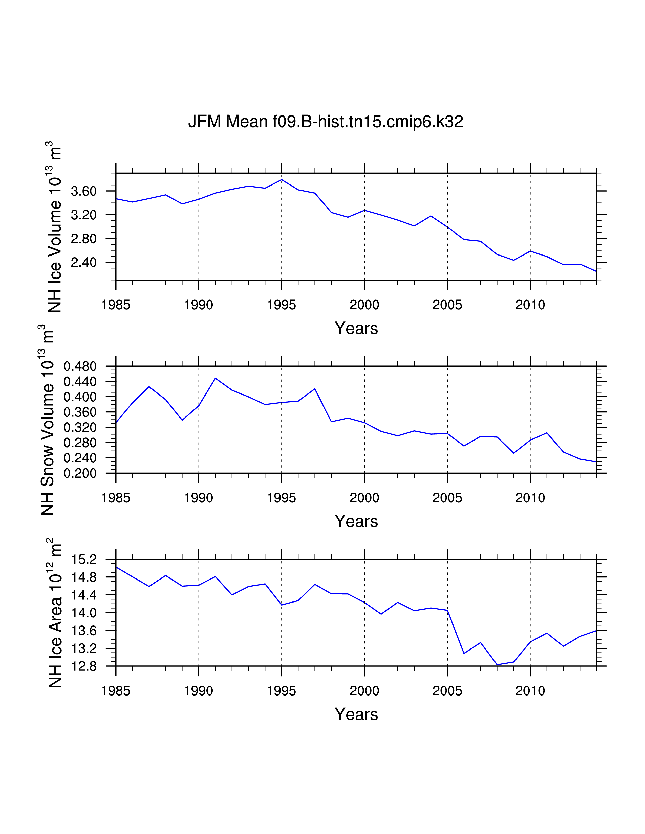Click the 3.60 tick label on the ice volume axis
84,191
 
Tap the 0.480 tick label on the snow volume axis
80,367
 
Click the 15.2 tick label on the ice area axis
84,560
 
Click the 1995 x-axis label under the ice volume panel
281,305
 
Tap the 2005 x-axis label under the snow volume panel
447,498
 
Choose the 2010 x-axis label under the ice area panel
530,691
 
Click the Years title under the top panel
356,328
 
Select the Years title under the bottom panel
356,714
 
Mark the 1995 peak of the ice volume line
282,179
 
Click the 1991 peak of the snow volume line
216,378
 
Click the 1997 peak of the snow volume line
315,389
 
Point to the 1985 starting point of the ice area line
116,567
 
